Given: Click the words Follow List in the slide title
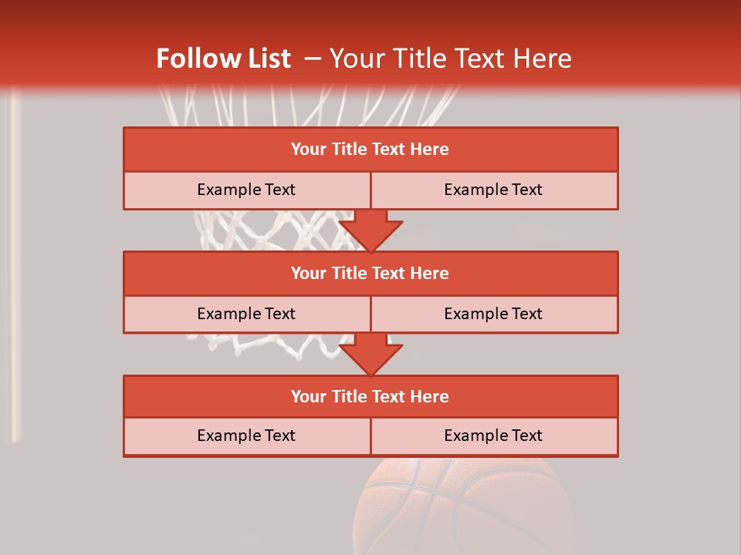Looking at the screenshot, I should [x=224, y=59].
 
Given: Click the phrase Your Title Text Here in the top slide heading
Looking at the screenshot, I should [x=450, y=59].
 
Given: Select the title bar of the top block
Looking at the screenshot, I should [x=370, y=150].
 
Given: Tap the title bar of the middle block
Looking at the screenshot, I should [x=370, y=273].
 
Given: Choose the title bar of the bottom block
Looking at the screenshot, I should [x=370, y=396].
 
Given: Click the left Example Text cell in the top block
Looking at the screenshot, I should [x=246, y=190].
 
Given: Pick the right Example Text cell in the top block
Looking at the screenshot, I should [x=493, y=190].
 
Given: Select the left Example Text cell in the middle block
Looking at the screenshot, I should [x=246, y=314].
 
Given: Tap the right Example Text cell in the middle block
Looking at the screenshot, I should [x=493, y=314].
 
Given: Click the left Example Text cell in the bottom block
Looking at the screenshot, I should [x=246, y=436].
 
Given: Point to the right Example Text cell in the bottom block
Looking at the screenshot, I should [x=493, y=436].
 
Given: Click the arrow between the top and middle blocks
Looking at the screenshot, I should [x=370, y=230].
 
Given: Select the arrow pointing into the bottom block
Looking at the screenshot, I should [x=370, y=355].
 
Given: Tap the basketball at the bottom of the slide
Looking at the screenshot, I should [x=463, y=509].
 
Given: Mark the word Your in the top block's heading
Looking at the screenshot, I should [x=308, y=150].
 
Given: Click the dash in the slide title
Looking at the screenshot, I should [x=313, y=59].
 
